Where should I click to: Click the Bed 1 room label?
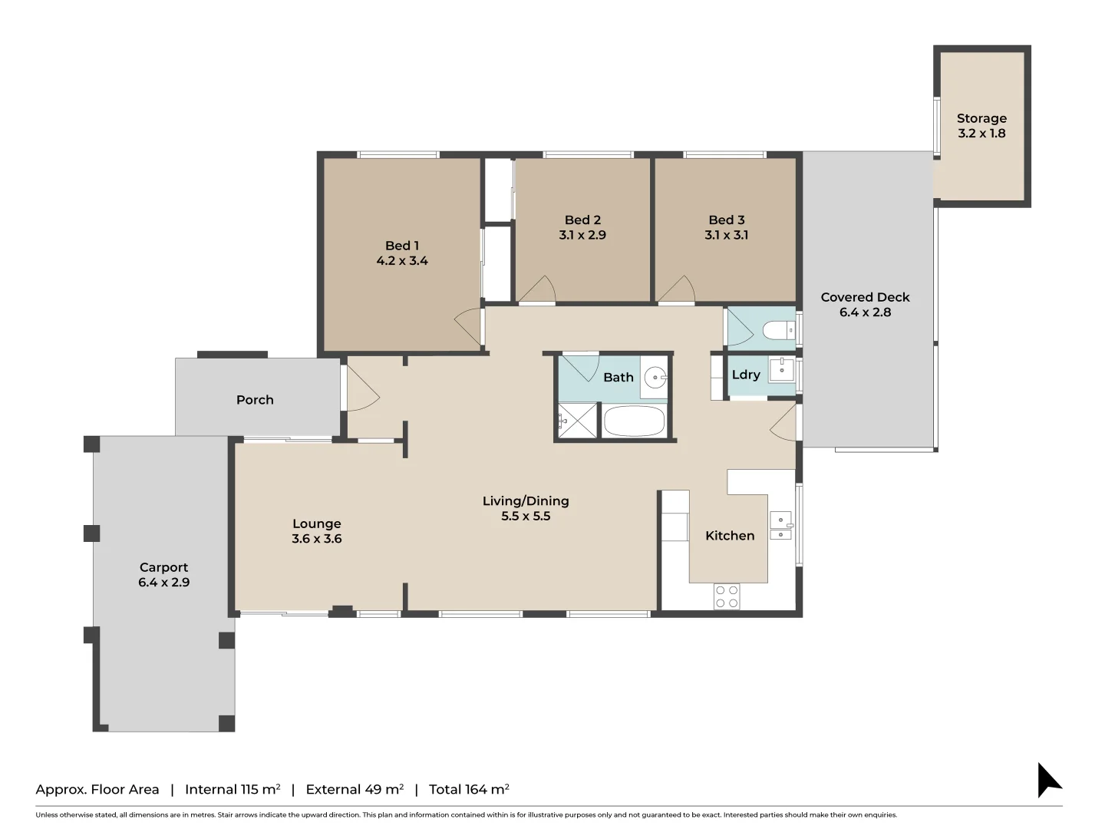coord(401,246)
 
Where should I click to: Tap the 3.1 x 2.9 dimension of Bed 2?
coord(582,235)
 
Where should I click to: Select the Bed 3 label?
coord(726,220)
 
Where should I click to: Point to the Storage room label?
coord(981,118)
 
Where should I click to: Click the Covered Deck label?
coord(865,297)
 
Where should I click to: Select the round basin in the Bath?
coord(655,377)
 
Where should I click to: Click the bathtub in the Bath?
coord(634,421)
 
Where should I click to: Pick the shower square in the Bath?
coord(577,421)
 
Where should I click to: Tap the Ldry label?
coord(746,375)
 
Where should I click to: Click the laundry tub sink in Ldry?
coord(782,369)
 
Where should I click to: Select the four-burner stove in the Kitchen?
coord(726,596)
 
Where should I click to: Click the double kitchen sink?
coord(780,526)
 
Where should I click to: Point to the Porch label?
coord(255,400)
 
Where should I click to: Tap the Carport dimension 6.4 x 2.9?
coord(163,582)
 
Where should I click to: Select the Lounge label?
coord(316,523)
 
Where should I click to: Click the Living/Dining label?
coord(526,501)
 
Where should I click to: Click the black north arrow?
coord(1047,781)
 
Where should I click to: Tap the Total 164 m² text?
coord(469,789)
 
